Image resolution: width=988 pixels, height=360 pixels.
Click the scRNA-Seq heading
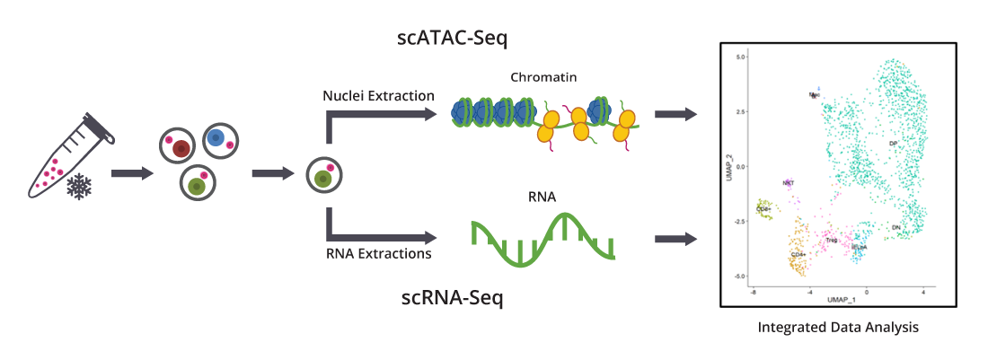[452, 297]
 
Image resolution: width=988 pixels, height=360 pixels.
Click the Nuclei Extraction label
[378, 94]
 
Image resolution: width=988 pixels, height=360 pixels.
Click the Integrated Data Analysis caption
[838, 328]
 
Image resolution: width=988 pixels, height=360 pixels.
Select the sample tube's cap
[102, 127]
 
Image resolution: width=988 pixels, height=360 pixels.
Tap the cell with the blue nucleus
[217, 139]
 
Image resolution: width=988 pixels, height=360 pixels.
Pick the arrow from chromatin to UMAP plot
[675, 115]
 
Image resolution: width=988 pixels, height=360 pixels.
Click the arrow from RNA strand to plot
[675, 239]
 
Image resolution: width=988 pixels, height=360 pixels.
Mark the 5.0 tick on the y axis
[742, 57]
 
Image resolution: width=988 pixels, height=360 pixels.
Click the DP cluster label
[893, 144]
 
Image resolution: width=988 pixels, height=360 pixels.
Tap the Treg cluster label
[832, 241]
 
